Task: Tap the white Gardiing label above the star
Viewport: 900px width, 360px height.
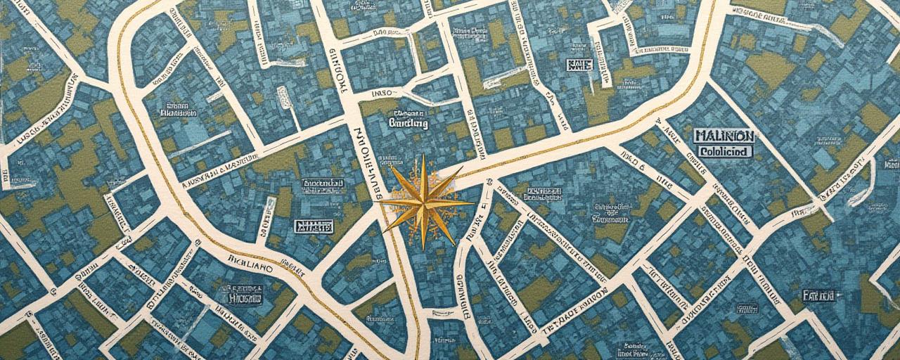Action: (x=408, y=123)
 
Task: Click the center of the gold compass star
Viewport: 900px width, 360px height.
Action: (x=423, y=202)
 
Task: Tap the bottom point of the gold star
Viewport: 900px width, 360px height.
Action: (x=423, y=250)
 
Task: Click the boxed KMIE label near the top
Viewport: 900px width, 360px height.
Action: (x=579, y=65)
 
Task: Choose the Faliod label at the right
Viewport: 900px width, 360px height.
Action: (x=818, y=295)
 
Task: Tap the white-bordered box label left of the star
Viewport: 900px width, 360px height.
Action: (x=313, y=226)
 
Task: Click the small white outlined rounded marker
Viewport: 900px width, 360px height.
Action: (x=284, y=98)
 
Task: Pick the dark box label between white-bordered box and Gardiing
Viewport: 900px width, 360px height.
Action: (x=323, y=185)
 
